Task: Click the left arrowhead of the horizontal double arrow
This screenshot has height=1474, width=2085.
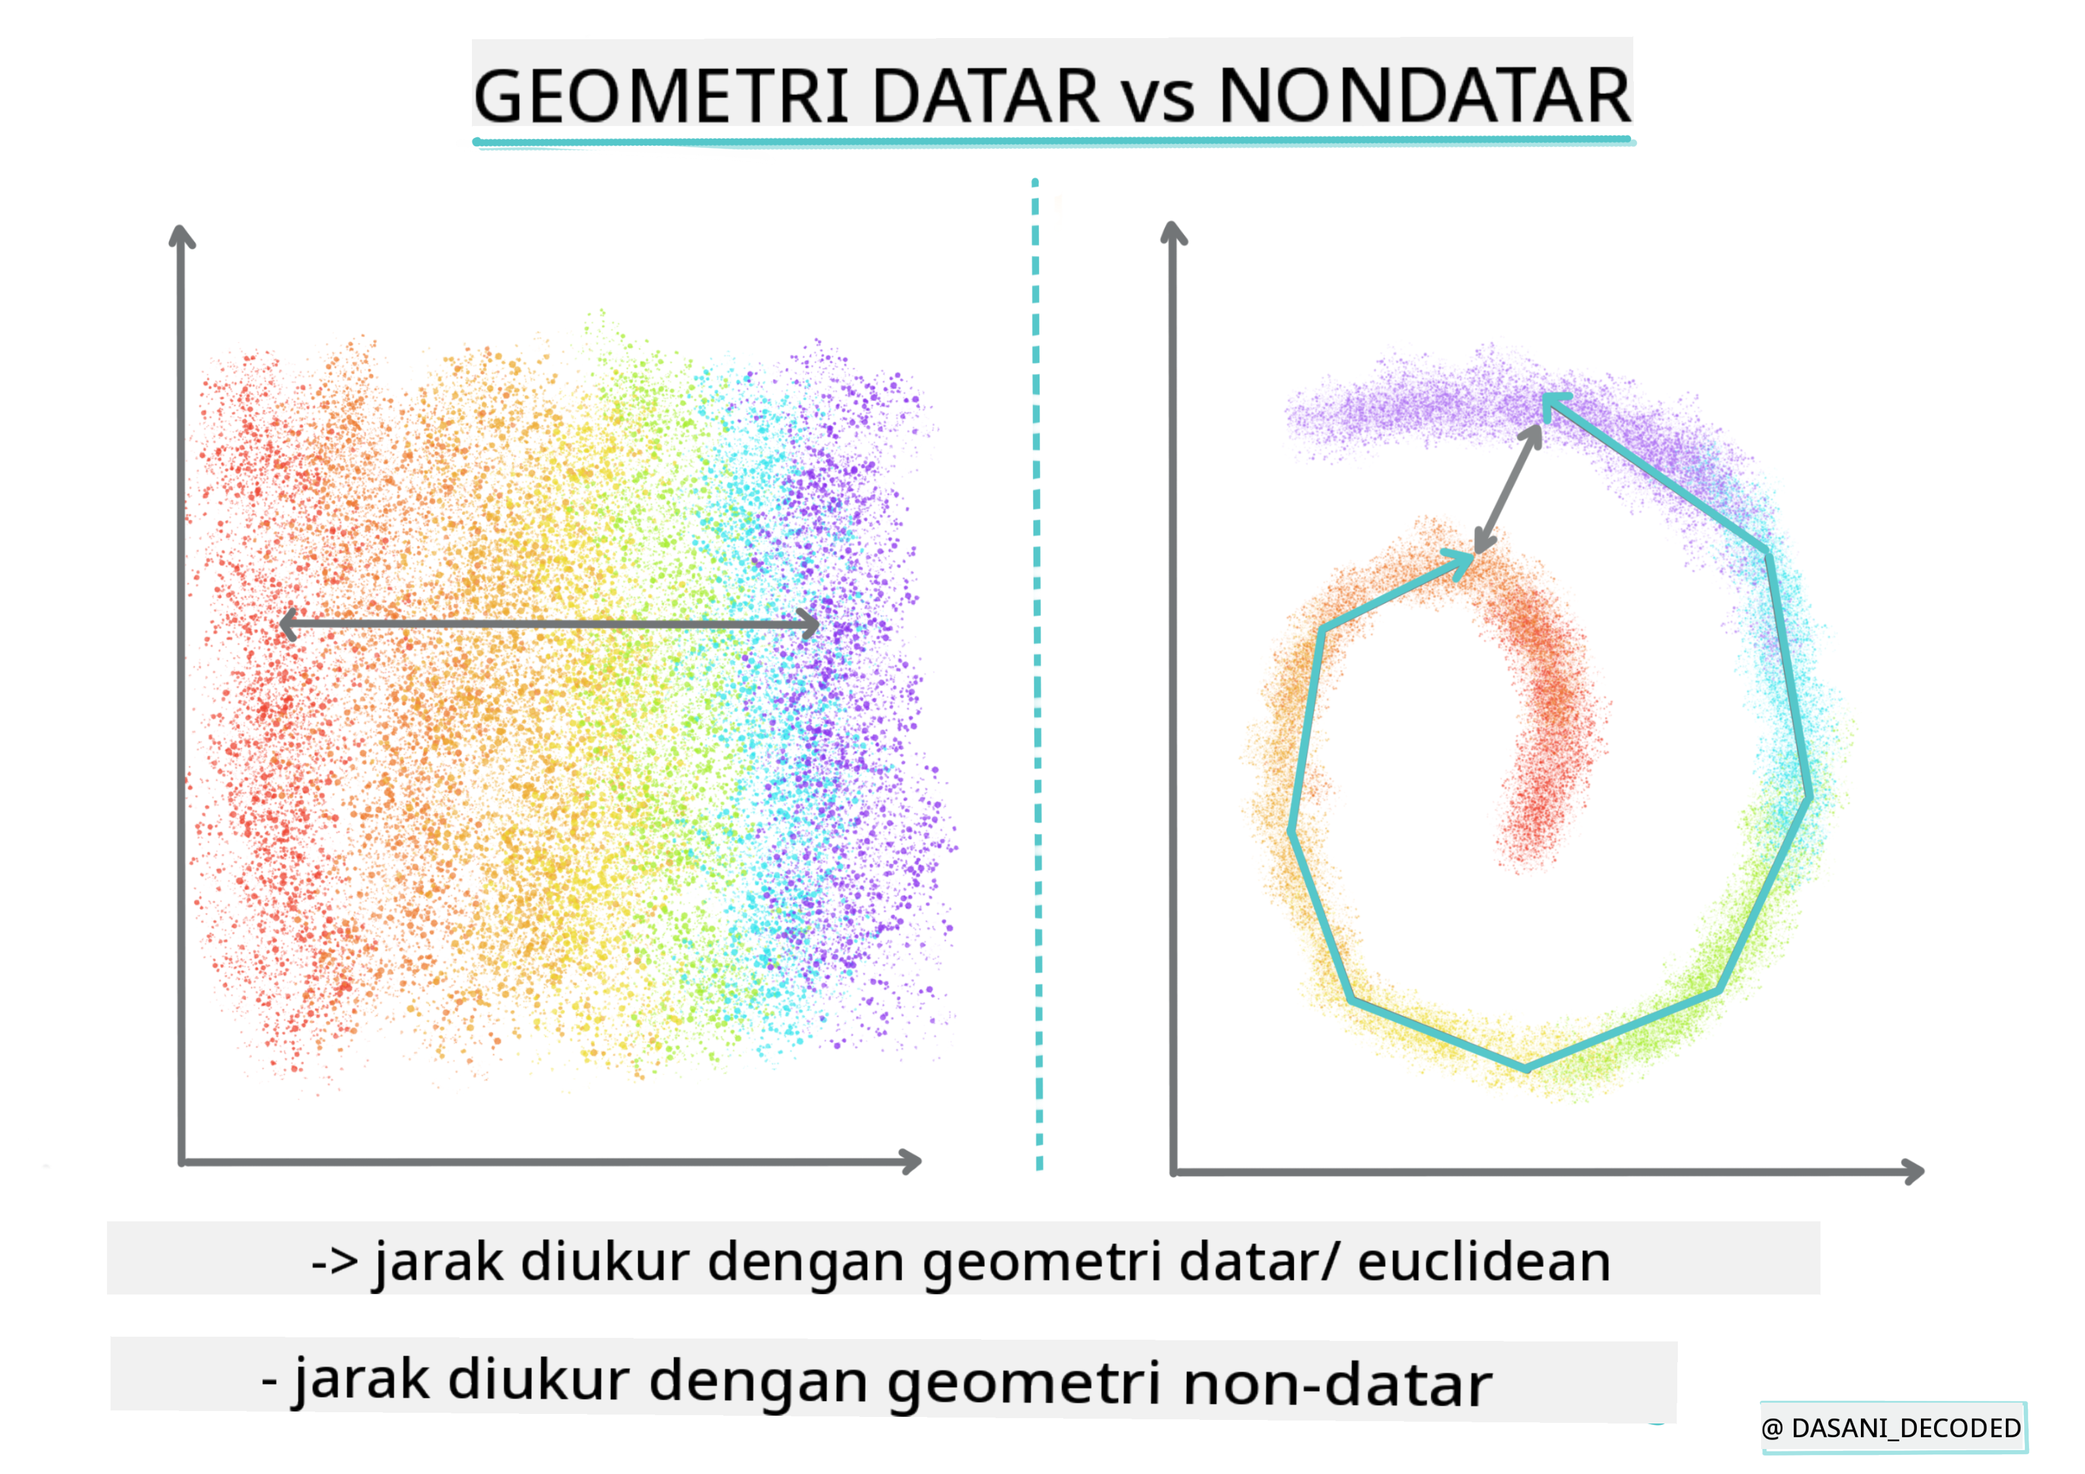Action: tap(289, 624)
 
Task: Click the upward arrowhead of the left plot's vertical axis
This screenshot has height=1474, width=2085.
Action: tap(182, 234)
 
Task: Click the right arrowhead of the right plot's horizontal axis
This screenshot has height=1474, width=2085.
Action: tap(1914, 1171)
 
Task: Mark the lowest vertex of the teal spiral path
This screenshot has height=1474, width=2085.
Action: tap(1526, 1068)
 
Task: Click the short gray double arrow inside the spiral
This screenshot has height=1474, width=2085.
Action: tap(1507, 489)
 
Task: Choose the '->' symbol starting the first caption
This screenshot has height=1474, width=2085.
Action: tap(334, 1263)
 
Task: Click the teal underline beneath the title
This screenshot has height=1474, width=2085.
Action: tap(1053, 141)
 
